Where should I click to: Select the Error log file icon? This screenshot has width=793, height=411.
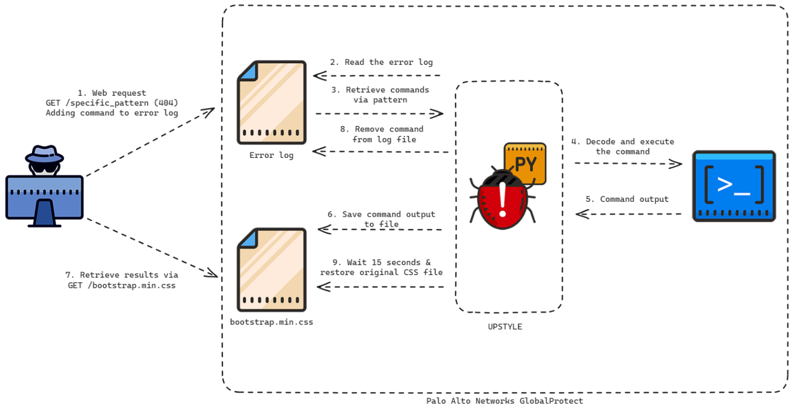pos(271,103)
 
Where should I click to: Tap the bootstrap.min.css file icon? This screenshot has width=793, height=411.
pos(271,270)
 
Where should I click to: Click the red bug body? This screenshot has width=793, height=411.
pos(502,204)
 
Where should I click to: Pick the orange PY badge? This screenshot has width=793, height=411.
pos(525,164)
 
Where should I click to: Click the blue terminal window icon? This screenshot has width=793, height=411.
pos(734,186)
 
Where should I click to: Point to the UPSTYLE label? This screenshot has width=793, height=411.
pos(504,327)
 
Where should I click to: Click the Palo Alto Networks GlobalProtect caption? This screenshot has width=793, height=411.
pos(504,401)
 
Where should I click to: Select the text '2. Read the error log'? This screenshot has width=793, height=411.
pos(381,62)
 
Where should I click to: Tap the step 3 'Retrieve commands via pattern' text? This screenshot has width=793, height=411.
pos(387,95)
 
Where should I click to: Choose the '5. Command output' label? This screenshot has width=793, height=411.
pos(627,199)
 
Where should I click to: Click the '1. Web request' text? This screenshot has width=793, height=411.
pos(112,93)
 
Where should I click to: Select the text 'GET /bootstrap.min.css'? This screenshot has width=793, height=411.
pos(122,285)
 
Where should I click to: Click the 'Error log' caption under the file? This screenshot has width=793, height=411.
pos(271,156)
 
